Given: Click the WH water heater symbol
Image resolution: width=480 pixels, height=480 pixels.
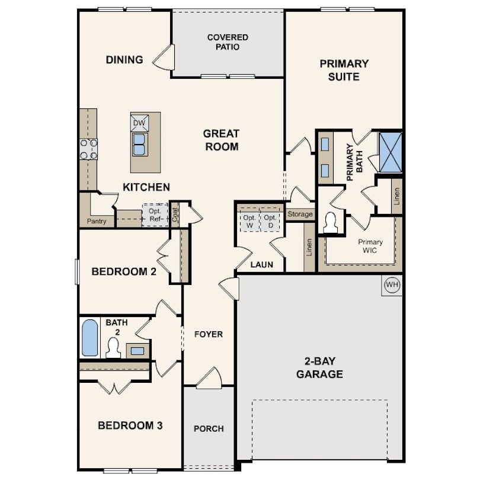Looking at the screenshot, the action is (392, 285).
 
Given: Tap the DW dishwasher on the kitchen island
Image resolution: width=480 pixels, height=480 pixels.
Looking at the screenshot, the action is (140, 123).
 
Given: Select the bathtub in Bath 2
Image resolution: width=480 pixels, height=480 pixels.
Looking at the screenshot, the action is (90, 338).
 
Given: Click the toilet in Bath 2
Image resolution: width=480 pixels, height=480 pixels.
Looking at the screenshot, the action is (113, 348).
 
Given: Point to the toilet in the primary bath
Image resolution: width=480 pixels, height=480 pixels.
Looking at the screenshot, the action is (331, 223).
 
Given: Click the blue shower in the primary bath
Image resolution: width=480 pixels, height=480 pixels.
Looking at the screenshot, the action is (391, 152).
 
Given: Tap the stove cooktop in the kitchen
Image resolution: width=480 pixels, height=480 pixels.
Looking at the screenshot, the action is (89, 149).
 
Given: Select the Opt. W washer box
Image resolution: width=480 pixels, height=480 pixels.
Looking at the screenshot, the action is (249, 221).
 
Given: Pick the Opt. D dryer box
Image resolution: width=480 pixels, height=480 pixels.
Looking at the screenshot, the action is (270, 221).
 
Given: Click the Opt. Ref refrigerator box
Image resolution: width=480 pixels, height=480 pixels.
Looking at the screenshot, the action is (155, 215).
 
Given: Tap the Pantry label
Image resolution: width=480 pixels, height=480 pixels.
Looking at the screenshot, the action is (97, 221).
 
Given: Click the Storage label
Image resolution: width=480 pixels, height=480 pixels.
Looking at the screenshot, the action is (300, 215).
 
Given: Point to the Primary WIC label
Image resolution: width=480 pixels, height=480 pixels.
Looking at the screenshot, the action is (370, 246).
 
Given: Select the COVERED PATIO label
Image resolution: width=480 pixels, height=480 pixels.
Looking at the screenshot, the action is (228, 42).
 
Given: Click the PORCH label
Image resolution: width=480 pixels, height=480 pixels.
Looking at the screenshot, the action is (209, 428).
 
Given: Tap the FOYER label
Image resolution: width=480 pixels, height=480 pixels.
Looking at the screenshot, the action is (209, 334).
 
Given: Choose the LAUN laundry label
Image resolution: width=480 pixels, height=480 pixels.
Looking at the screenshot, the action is (262, 264).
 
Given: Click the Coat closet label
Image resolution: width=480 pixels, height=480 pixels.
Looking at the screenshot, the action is (175, 215).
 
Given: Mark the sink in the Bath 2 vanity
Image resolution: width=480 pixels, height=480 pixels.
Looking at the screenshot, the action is (137, 351).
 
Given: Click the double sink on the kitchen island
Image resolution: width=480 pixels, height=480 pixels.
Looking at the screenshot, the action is (139, 145).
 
